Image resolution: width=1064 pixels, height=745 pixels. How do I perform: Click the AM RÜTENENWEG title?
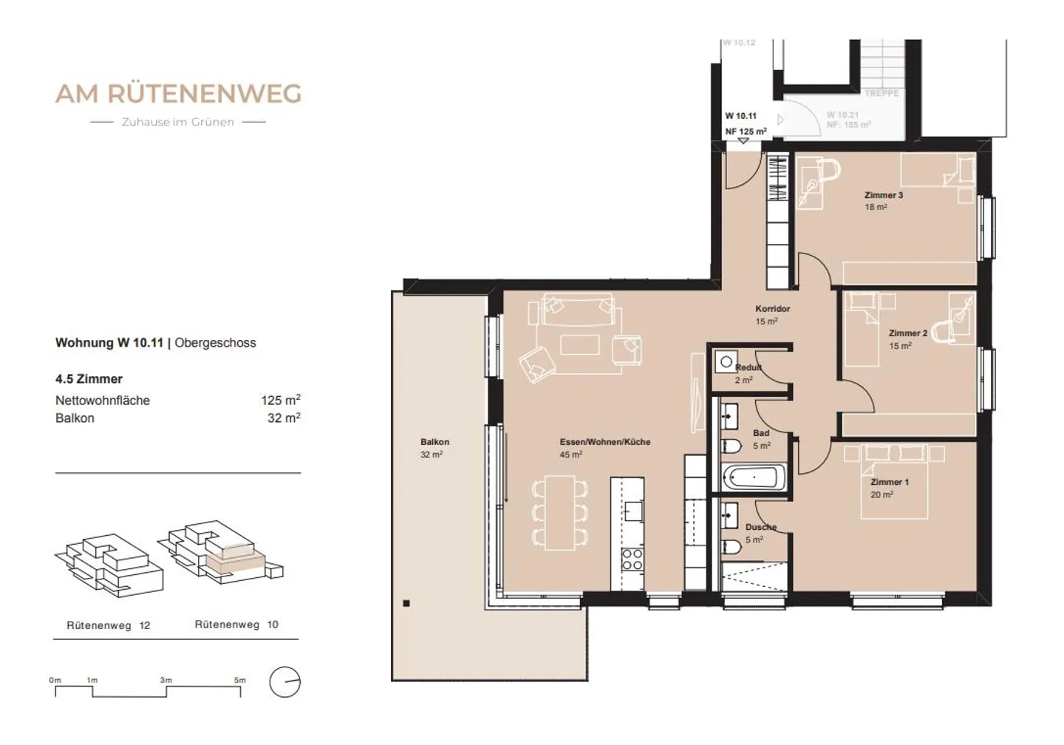click(x=178, y=94)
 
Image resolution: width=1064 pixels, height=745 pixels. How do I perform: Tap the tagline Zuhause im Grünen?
click(x=177, y=122)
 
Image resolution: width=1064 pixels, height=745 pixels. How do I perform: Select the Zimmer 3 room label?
click(x=884, y=195)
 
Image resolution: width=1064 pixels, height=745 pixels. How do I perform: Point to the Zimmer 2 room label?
click(x=907, y=333)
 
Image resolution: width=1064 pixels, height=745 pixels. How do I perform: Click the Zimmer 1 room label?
click(x=890, y=482)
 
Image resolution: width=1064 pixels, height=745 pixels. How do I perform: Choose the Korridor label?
click(x=772, y=309)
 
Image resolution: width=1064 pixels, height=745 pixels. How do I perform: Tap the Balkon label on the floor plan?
click(x=434, y=442)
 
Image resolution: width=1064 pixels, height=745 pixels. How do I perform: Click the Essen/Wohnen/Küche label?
click(x=604, y=442)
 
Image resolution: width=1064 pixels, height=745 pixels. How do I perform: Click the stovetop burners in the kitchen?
click(x=632, y=559)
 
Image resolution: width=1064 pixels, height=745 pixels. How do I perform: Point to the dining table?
click(x=559, y=512)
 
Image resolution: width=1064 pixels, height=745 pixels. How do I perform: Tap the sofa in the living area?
click(x=578, y=310)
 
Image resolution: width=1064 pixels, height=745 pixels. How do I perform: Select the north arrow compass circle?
click(x=284, y=682)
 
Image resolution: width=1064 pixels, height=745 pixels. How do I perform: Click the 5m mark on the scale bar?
click(x=240, y=681)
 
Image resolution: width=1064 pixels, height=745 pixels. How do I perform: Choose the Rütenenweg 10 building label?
click(x=236, y=625)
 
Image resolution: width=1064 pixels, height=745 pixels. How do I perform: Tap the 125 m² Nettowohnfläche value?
click(x=280, y=400)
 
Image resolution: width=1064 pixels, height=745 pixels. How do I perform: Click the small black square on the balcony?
click(x=406, y=603)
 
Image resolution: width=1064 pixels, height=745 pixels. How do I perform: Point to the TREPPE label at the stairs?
click(x=881, y=93)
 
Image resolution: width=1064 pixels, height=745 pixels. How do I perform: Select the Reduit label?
click(x=748, y=367)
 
